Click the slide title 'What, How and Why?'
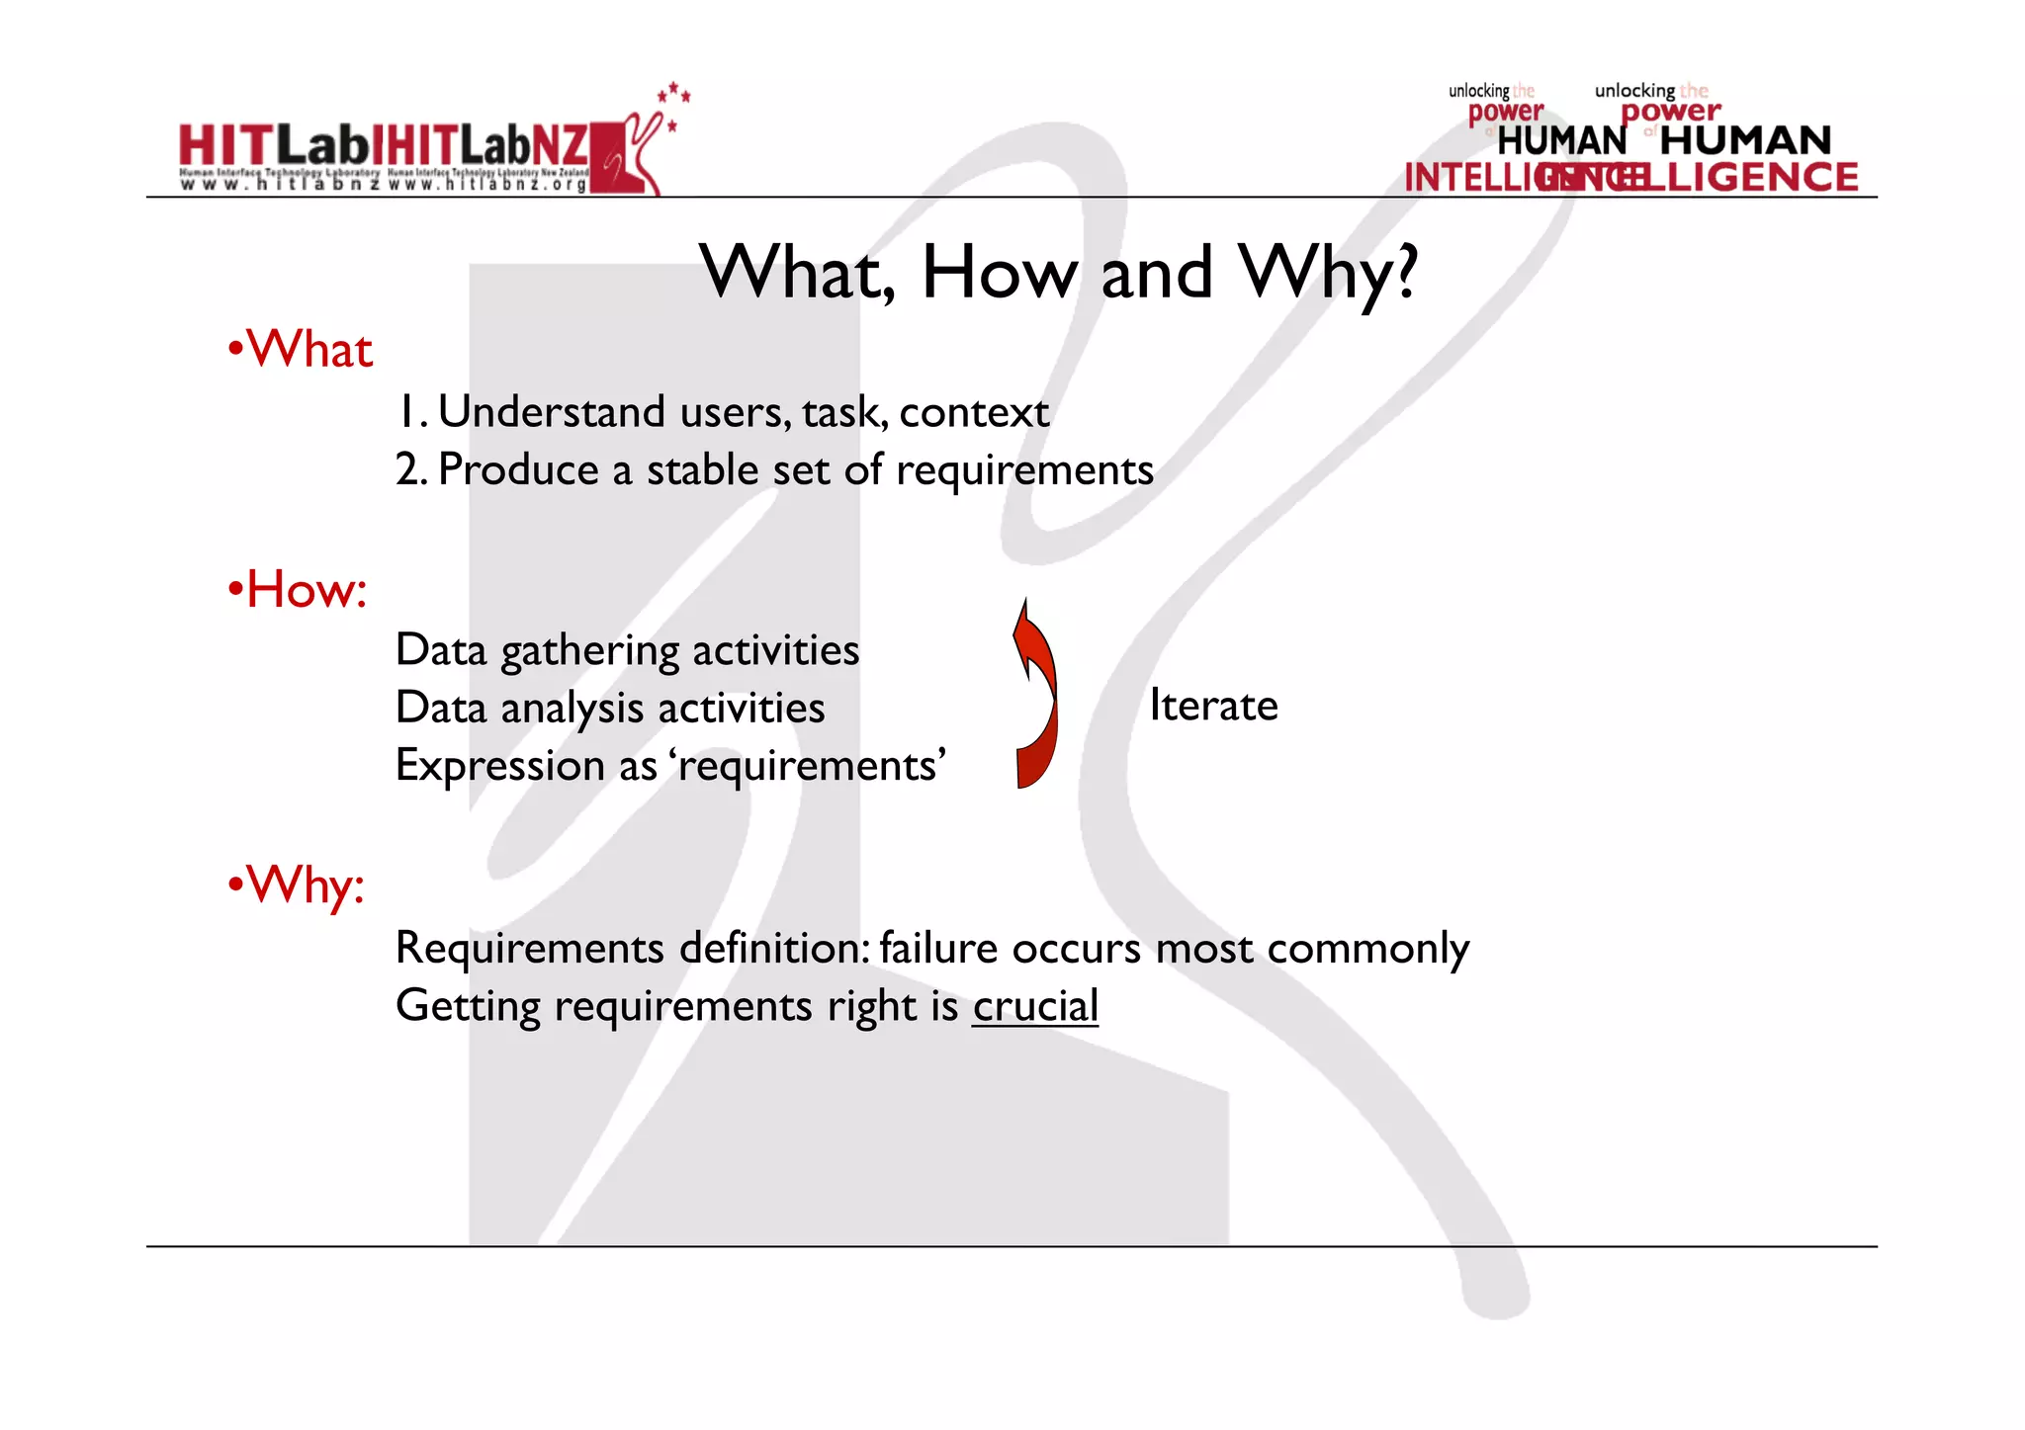pyautogui.click(x=1058, y=272)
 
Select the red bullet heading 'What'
pyautogui.click(x=308, y=350)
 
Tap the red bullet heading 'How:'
pyautogui.click(x=306, y=589)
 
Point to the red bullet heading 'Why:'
pyautogui.click(x=305, y=884)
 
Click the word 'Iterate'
pyautogui.click(x=1213, y=706)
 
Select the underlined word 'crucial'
pyautogui.click(x=1035, y=1006)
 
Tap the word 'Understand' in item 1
pyautogui.click(x=552, y=412)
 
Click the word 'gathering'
pyautogui.click(x=589, y=651)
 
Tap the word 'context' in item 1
pyautogui.click(x=973, y=412)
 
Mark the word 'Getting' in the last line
pyautogui.click(x=468, y=1006)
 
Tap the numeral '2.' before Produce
pyautogui.click(x=410, y=469)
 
